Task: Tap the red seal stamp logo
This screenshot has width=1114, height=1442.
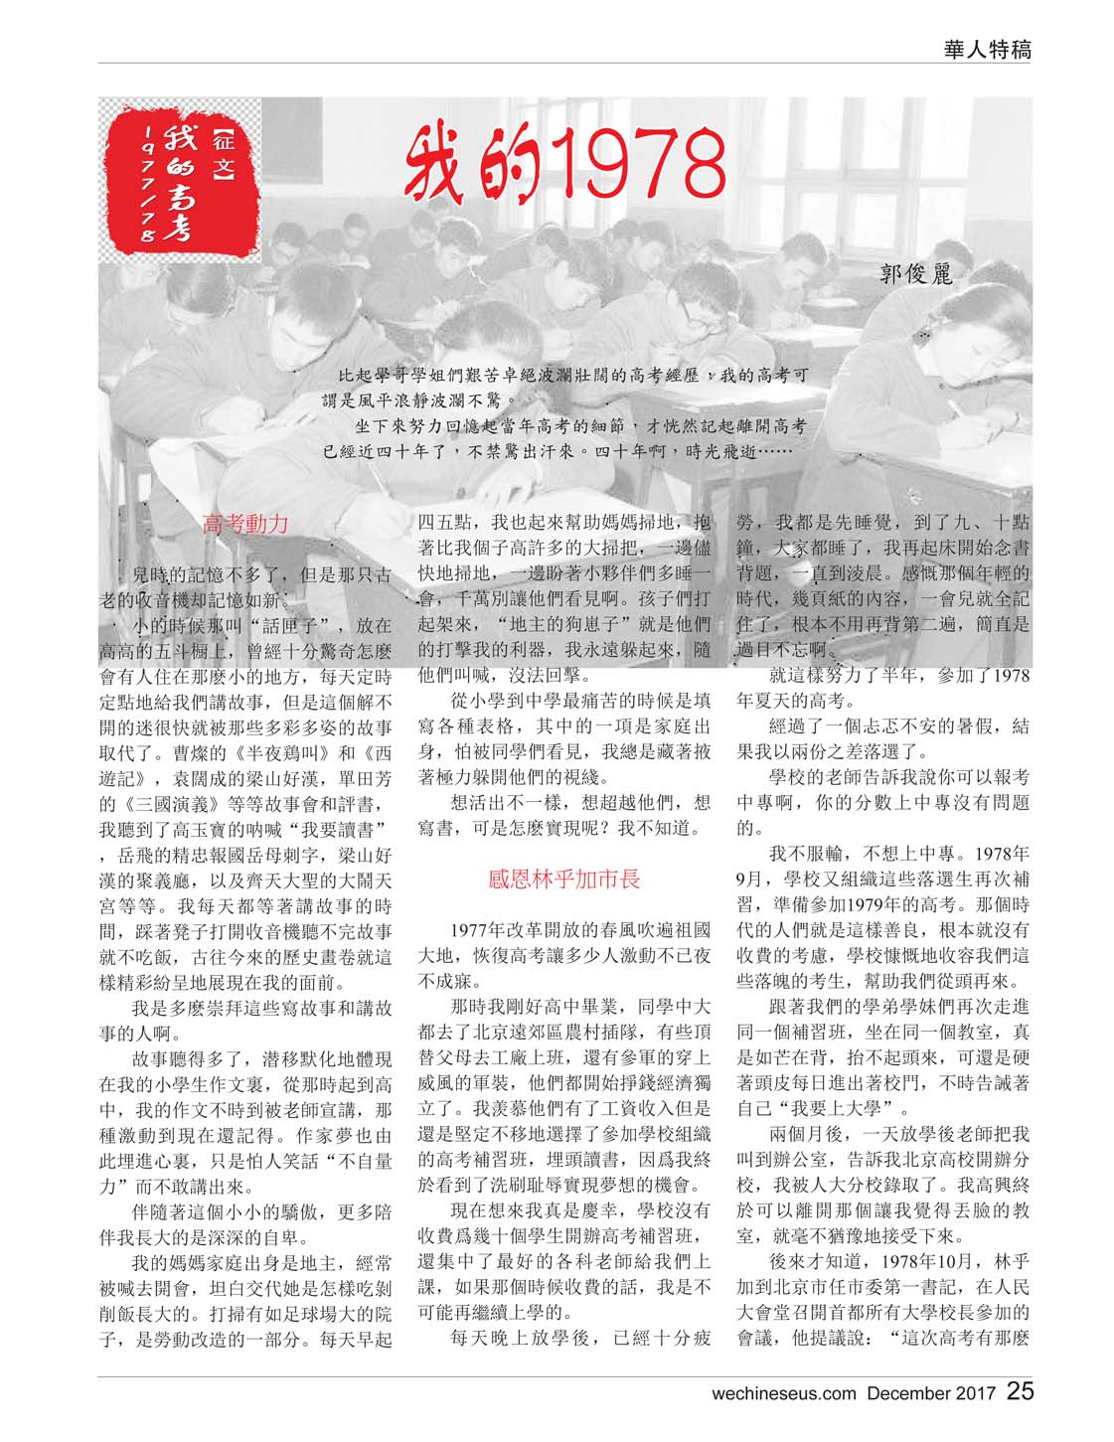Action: [x=182, y=187]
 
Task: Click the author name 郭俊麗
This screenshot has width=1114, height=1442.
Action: [x=915, y=274]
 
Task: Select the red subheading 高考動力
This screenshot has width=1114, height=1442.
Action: [x=245, y=524]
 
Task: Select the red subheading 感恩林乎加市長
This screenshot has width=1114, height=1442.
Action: [x=563, y=879]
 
